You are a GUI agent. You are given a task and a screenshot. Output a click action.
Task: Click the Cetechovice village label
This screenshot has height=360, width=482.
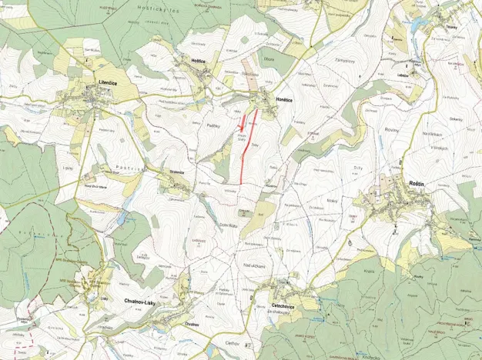(x=286, y=306)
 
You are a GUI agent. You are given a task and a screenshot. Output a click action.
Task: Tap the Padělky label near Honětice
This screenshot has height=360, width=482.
(x=215, y=123)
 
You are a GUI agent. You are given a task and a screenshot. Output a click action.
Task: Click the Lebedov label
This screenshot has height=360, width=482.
(x=403, y=76)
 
